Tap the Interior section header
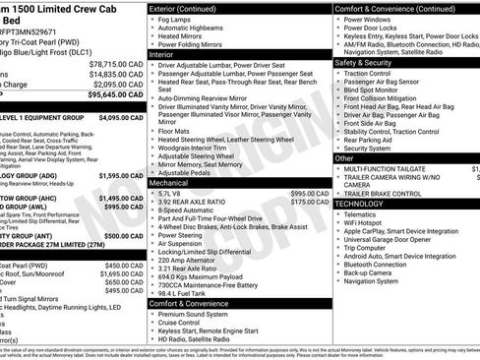point(163,55)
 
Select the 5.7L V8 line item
point(170,194)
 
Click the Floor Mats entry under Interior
point(175,131)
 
